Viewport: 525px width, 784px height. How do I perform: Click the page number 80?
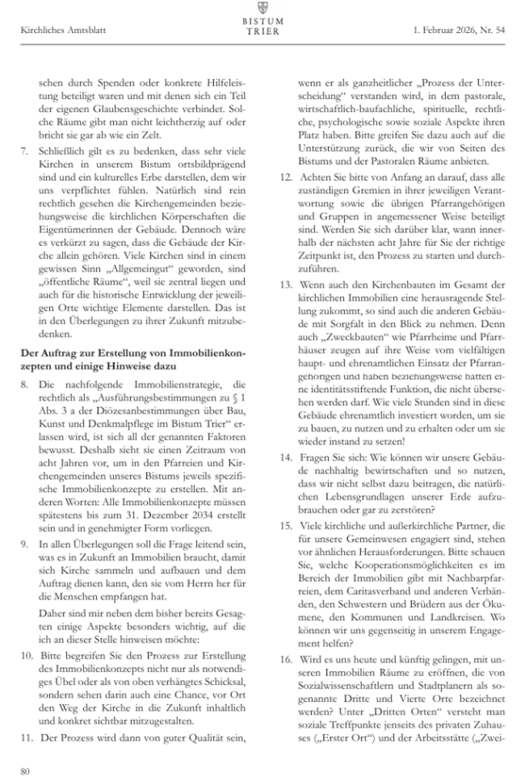point(25,769)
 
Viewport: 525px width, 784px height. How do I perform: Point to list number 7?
point(24,151)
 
